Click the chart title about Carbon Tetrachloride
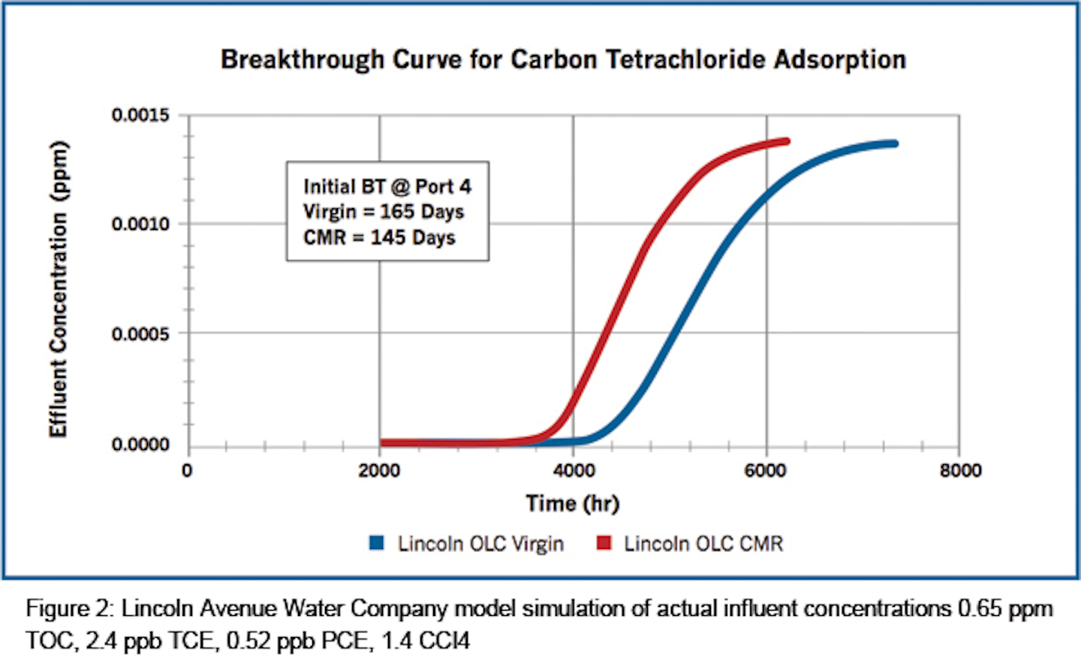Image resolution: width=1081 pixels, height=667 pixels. pos(563,59)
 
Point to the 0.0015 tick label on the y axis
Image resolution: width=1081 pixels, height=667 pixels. pos(140,116)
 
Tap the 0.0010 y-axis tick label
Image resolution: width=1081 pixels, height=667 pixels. pos(140,224)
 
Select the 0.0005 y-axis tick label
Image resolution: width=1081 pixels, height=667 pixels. pos(140,333)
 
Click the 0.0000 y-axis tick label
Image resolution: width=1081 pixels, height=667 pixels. pos(140,445)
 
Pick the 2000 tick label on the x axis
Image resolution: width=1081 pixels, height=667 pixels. pos(379,471)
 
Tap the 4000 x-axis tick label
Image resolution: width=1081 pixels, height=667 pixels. pos(574,471)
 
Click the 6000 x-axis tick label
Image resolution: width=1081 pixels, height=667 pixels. pos(766,471)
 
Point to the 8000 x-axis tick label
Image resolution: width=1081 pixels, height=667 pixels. pos(960,471)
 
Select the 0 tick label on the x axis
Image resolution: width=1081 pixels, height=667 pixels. pos(187,471)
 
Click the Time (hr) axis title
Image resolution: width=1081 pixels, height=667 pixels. pos(572,503)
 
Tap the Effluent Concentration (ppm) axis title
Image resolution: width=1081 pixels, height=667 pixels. pos(59,289)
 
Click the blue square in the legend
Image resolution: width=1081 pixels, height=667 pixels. pos(377,543)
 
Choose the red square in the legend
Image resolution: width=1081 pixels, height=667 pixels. pos(604,543)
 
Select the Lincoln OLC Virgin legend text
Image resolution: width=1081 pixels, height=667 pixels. pos(480,544)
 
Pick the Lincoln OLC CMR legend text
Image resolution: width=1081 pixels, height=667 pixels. pos(703,544)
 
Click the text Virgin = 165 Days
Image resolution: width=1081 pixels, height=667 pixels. pos(384,212)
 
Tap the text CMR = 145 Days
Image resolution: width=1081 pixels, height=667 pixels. pos(379,238)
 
